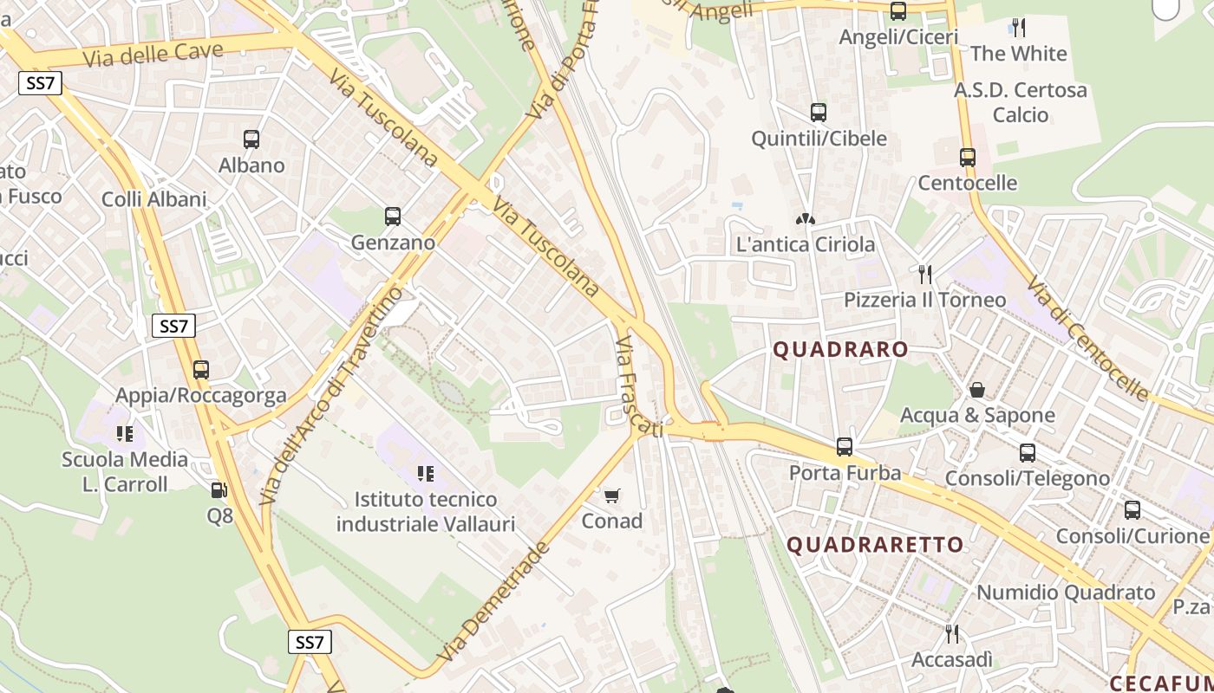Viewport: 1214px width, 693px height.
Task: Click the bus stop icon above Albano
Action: pos(251,139)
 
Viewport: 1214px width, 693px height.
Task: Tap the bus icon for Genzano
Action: pos(393,217)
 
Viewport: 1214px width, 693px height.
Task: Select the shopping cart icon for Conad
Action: pos(612,495)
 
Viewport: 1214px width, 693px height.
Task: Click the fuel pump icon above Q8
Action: pos(219,490)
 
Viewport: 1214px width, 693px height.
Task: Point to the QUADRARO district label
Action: pos(840,350)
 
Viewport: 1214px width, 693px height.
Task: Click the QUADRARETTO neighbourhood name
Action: pos(875,545)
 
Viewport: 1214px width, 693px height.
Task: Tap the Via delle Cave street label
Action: pos(153,54)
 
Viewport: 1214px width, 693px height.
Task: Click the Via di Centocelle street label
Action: pos(1087,339)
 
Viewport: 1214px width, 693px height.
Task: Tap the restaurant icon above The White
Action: pos(1019,28)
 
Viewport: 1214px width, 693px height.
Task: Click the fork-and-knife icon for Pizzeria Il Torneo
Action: pos(925,275)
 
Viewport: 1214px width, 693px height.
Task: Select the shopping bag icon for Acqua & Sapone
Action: pos(977,390)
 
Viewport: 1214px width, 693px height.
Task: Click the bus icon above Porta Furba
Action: pos(845,447)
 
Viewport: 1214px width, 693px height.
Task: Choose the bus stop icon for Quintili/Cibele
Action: pos(819,113)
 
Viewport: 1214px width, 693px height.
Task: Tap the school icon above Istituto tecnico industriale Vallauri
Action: pos(426,473)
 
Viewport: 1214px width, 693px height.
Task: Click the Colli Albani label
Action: pos(154,199)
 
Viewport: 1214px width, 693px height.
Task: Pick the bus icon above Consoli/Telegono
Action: pos(1028,452)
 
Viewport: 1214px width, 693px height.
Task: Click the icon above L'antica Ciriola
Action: pos(806,219)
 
